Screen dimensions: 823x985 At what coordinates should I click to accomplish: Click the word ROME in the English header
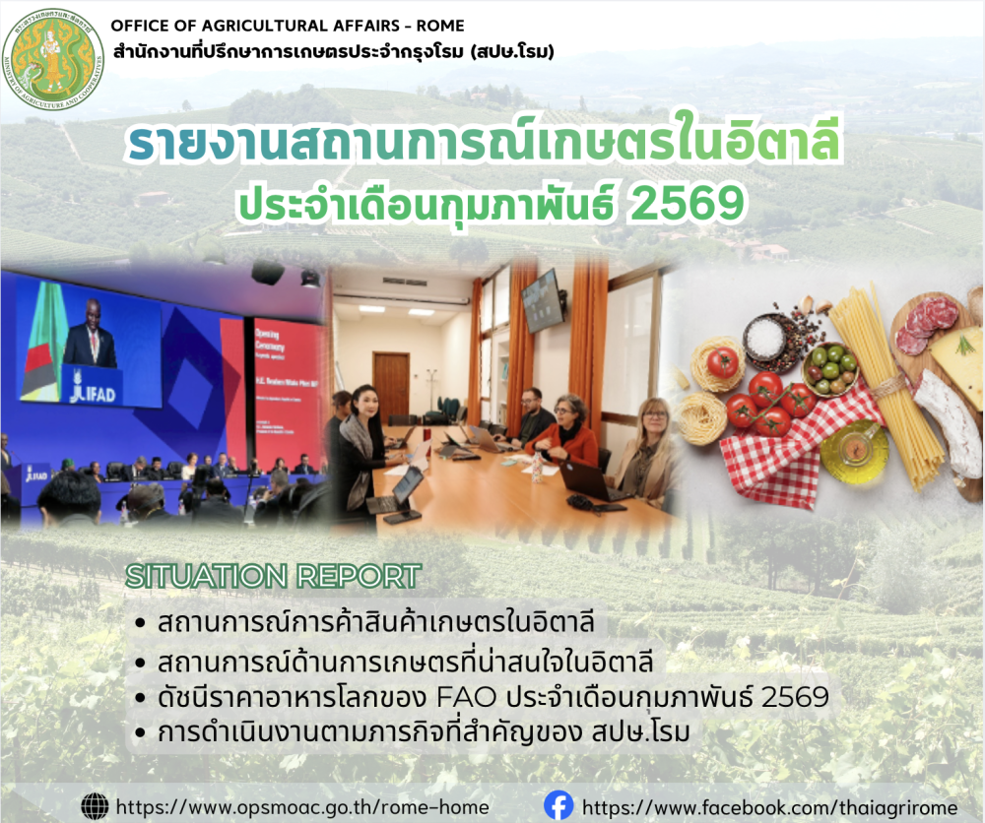click(439, 26)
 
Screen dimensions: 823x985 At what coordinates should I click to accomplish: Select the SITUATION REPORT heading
click(274, 576)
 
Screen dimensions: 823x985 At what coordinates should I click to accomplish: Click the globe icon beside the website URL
click(95, 805)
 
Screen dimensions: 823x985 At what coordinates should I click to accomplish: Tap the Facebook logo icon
click(558, 805)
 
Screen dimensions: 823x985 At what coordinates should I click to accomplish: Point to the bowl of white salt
click(765, 337)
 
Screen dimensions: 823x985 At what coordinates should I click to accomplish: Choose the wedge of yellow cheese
click(958, 363)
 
